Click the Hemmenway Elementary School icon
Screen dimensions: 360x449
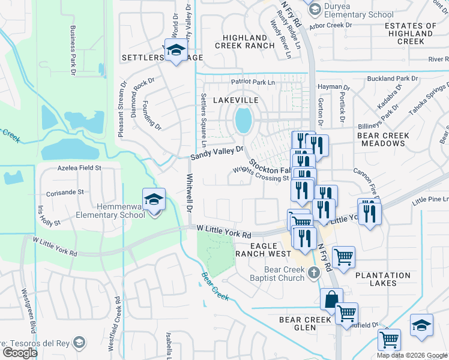point(154,199)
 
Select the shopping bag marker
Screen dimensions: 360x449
point(331,299)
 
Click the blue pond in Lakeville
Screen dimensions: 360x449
point(243,120)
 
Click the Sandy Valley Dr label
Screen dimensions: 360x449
point(217,153)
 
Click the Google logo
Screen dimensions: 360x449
point(20,352)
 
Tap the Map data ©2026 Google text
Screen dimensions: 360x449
point(411,355)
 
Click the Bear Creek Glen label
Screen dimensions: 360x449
point(305,324)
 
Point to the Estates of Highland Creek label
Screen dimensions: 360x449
point(411,34)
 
